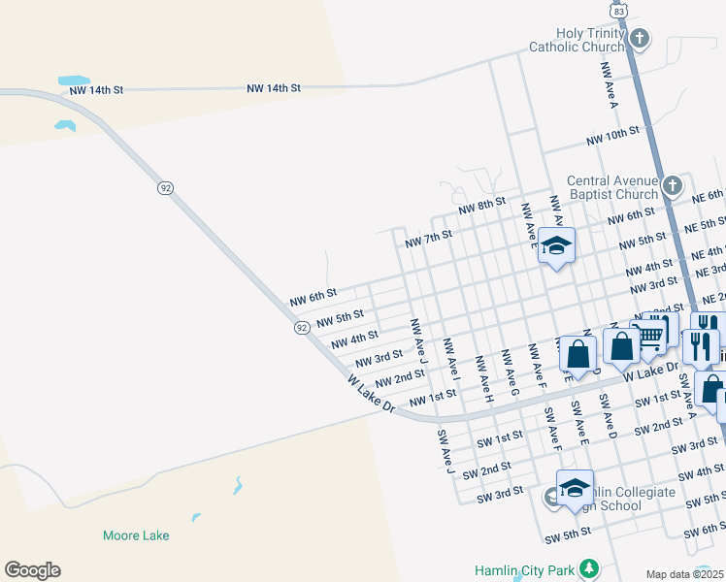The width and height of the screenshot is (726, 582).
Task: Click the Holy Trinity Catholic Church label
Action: pyautogui.click(x=577, y=40)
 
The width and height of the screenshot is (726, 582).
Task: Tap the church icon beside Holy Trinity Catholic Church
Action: pyautogui.click(x=639, y=39)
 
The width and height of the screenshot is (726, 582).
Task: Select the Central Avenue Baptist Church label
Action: pyautogui.click(x=612, y=187)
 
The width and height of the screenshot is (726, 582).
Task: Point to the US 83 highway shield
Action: pyautogui.click(x=618, y=8)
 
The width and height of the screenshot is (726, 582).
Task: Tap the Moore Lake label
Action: pyautogui.click(x=136, y=534)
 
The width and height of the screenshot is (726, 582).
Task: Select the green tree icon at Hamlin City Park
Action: pyautogui.click(x=587, y=568)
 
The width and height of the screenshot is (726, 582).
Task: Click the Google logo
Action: pyautogui.click(x=32, y=570)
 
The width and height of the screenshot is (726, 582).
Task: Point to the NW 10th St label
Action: pyautogui.click(x=612, y=136)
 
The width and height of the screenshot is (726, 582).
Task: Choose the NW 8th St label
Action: pyautogui.click(x=482, y=206)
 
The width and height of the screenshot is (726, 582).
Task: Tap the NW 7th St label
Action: pyautogui.click(x=429, y=238)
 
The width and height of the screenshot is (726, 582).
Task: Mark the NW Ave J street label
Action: pyautogui.click(x=418, y=339)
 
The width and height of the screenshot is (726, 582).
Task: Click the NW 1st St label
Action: pyautogui.click(x=432, y=399)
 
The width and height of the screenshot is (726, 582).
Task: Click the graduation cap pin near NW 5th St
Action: pyautogui.click(x=556, y=246)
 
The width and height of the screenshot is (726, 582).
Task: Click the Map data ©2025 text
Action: pyautogui.click(x=685, y=574)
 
